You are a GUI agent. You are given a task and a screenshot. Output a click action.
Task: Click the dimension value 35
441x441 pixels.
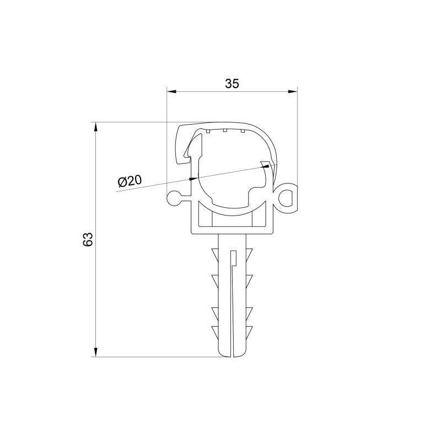[232, 84]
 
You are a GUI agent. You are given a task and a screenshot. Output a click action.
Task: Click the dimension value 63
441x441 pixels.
[88, 239]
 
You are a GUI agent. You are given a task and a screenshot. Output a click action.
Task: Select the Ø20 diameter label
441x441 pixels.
[130, 181]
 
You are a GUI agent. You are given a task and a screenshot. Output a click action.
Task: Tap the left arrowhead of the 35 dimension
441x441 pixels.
[171, 92]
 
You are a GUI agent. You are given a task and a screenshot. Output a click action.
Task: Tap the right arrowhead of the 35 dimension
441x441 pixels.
[293, 91]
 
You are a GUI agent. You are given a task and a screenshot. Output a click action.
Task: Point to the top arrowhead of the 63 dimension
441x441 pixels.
[95, 127]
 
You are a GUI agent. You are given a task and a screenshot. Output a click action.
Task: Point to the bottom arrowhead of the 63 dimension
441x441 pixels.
[95, 352]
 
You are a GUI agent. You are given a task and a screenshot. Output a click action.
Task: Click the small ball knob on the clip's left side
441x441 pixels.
[174, 198]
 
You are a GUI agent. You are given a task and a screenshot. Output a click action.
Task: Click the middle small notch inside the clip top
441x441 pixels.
[225, 130]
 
